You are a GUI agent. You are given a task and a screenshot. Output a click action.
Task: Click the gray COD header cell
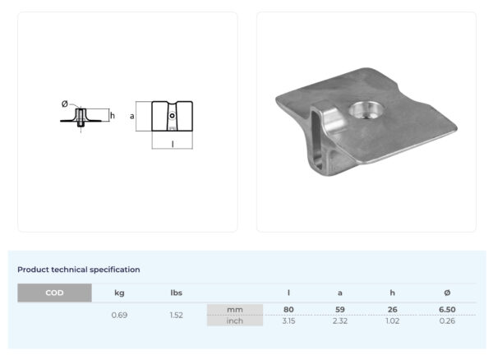54,293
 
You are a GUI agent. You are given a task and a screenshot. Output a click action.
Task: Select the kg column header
119,293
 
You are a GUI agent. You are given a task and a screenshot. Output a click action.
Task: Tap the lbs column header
177,293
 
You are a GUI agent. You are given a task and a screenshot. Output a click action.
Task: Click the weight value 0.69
119,315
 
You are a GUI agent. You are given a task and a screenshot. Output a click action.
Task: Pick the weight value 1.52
177,315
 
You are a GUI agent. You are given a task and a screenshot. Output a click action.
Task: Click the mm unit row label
235,310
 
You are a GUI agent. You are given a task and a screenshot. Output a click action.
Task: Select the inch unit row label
235,321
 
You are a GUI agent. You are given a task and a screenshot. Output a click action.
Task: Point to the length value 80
288,310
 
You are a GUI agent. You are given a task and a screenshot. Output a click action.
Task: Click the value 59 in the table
340,310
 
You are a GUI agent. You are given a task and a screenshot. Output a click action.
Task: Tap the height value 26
393,310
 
